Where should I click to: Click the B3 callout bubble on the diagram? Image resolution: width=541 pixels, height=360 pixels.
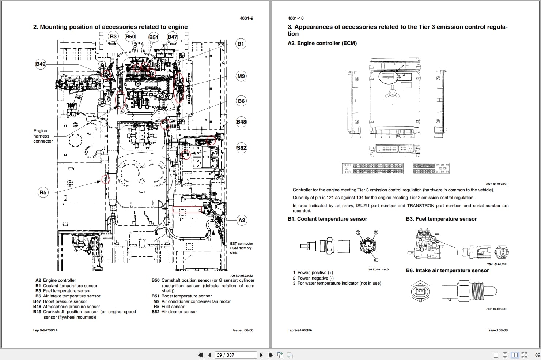coord(113,36)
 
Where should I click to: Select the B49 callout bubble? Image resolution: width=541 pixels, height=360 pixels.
coord(41,64)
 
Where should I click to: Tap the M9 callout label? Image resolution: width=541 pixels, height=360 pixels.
coord(241,76)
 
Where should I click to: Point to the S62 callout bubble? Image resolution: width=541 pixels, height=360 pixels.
coord(241,148)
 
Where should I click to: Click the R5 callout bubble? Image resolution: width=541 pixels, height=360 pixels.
coord(43,192)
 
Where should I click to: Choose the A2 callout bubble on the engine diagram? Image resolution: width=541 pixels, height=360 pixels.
coord(242,220)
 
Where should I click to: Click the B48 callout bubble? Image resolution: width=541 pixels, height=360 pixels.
coord(241,122)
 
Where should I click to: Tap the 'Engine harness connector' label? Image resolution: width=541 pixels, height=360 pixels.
coord(43,136)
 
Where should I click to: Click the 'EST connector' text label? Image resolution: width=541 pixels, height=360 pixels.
coord(241,244)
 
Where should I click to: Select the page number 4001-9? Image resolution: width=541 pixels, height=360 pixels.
coord(246,18)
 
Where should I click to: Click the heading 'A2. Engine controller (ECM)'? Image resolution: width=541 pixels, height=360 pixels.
coord(322,43)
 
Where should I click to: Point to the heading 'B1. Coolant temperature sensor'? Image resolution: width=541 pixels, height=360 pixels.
coord(327,219)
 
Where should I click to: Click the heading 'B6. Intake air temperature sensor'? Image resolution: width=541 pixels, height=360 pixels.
coord(447,270)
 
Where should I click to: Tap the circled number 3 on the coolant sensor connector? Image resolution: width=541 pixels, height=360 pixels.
coord(376,260)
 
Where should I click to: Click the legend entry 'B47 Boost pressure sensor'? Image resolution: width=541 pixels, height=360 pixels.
coord(60,301)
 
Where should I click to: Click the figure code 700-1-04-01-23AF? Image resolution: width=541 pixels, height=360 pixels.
coord(496,184)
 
